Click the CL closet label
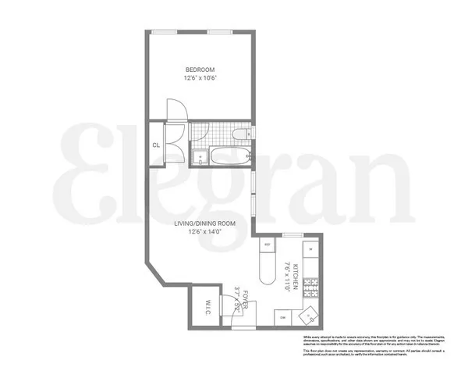(x=157, y=145)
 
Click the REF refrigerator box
(x=268, y=245)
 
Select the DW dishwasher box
(x=282, y=317)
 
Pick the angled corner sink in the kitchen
(x=310, y=313)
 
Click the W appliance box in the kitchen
(x=310, y=250)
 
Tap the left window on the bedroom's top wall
(x=164, y=31)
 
